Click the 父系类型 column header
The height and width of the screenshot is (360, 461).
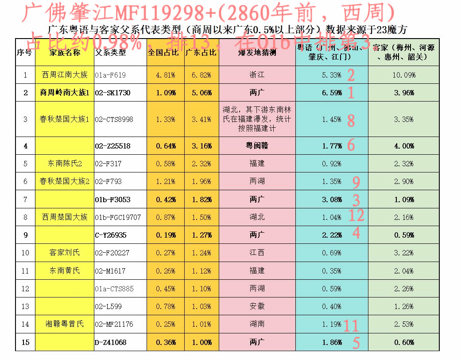pyautogui.click(x=111, y=52)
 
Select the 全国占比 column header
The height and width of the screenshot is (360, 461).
pyautogui.click(x=163, y=52)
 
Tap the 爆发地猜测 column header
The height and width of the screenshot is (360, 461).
pyautogui.click(x=257, y=52)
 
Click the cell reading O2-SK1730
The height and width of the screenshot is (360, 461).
pyautogui.click(x=112, y=93)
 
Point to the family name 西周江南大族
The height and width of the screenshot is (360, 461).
pyautogui.click(x=65, y=75)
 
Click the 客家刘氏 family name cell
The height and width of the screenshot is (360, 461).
pyautogui.click(x=65, y=253)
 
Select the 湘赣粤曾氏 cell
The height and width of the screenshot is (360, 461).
pyautogui.click(x=65, y=324)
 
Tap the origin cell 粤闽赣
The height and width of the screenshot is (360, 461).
pyautogui.click(x=257, y=146)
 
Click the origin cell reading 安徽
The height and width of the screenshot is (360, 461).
pyautogui.click(x=257, y=306)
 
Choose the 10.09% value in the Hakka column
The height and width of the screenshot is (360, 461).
pyautogui.click(x=403, y=75)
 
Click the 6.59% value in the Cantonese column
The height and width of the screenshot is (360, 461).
pyautogui.click(x=332, y=93)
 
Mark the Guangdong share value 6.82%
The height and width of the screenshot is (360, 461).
pyautogui.click(x=202, y=75)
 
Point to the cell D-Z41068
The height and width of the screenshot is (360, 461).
pyautogui.click(x=110, y=342)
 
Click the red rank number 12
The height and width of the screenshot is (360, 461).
pyautogui.click(x=356, y=216)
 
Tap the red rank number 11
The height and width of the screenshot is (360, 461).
pyautogui.click(x=351, y=326)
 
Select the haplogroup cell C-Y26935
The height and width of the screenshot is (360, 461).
pyautogui.click(x=111, y=235)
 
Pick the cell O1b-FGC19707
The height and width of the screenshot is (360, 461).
pyautogui.click(x=118, y=217)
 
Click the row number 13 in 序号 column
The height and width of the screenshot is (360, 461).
pyautogui.click(x=25, y=306)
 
